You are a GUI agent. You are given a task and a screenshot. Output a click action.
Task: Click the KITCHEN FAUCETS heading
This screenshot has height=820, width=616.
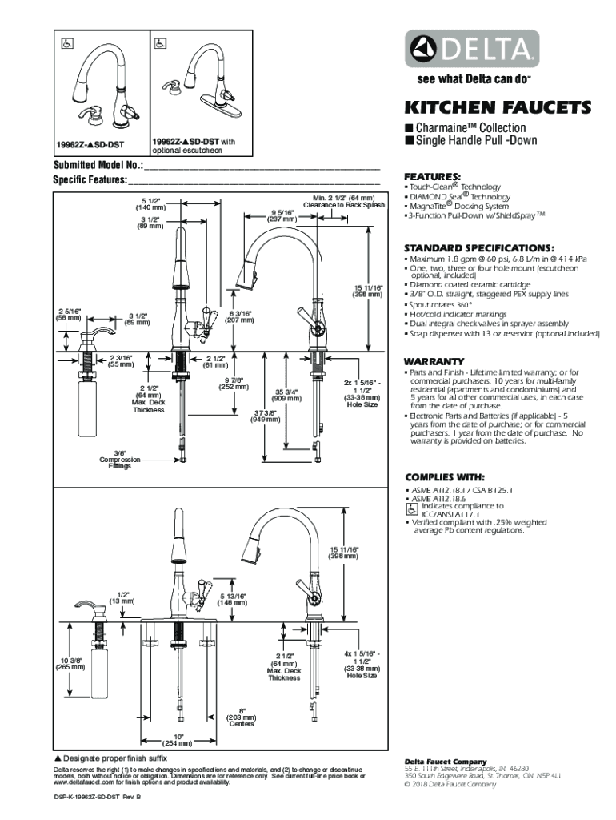click(x=497, y=107)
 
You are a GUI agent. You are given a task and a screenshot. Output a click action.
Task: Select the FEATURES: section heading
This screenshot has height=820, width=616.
click(x=432, y=177)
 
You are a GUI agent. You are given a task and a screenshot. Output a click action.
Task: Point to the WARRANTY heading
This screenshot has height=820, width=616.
click(x=434, y=361)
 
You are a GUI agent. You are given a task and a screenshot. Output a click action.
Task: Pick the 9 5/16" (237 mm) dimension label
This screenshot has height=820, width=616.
click(x=282, y=215)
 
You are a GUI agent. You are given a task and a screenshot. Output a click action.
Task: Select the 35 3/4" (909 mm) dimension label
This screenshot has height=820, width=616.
click(x=287, y=394)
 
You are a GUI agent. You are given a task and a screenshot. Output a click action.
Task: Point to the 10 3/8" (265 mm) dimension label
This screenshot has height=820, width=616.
click(x=70, y=664)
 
